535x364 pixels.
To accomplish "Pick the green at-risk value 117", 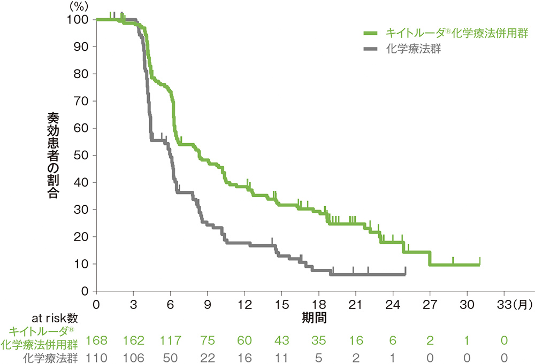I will (x=171, y=340).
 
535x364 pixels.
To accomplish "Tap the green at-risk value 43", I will (x=282, y=340).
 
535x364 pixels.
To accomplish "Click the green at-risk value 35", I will (x=319, y=340).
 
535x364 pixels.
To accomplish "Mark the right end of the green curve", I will (x=479, y=265).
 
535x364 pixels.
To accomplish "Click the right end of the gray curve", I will (x=406, y=274).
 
